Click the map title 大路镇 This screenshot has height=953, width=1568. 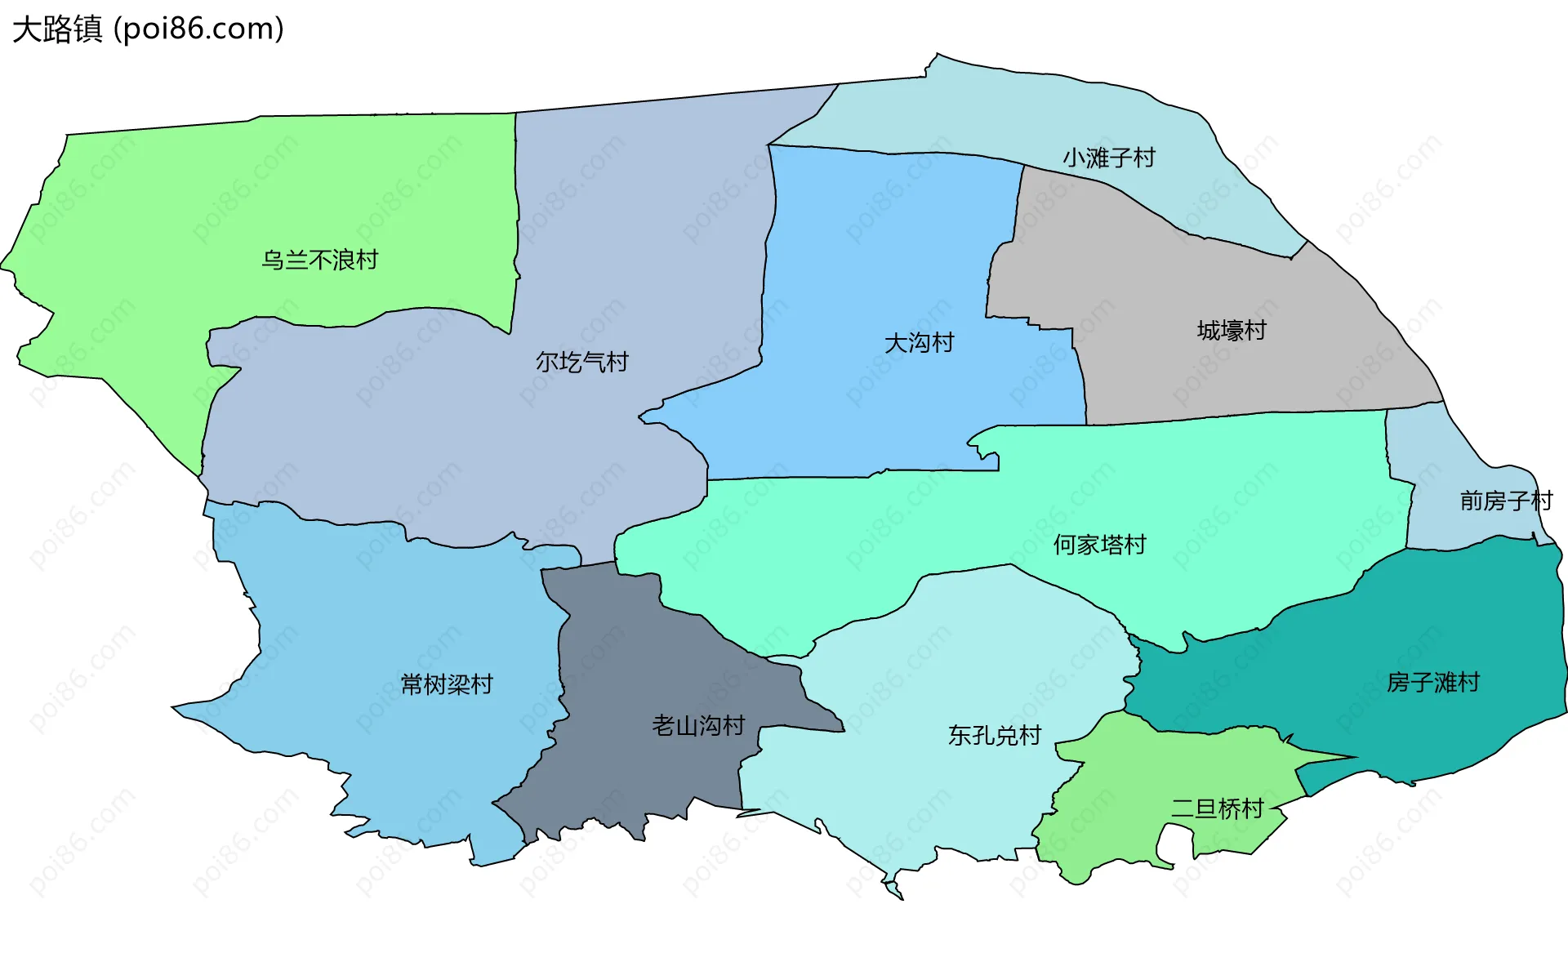click(57, 29)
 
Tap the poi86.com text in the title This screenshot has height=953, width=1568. click(198, 29)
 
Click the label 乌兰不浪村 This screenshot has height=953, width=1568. click(319, 260)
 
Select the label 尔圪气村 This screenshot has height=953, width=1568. click(581, 362)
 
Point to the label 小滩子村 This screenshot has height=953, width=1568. click(1108, 158)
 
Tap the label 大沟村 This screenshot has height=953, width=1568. click(919, 343)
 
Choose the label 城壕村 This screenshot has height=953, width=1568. click(1231, 331)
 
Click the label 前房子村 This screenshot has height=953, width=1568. click(1505, 501)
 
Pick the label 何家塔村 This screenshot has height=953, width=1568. click(1099, 545)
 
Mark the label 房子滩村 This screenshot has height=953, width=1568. click(1432, 682)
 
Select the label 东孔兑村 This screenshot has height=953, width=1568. click(994, 736)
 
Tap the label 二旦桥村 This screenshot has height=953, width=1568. click(1217, 809)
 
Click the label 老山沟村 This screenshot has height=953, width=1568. click(698, 725)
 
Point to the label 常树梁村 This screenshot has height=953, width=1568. click(447, 684)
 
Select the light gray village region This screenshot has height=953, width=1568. click(1184, 367)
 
